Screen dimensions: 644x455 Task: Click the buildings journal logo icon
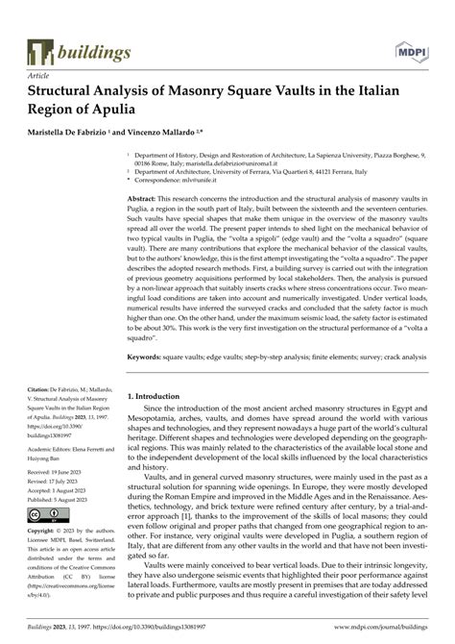click(41, 52)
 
